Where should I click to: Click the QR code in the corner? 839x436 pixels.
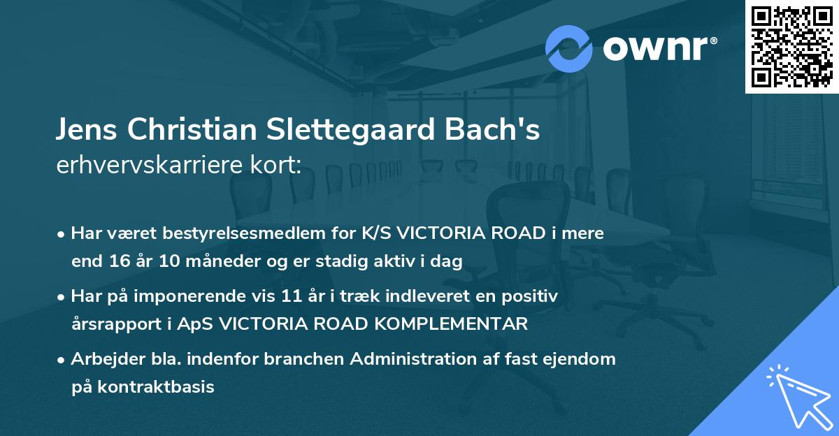[791, 46]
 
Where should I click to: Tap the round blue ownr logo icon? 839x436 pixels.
[569, 48]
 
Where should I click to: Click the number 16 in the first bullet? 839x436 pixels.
[119, 261]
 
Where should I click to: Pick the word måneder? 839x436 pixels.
[217, 261]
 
